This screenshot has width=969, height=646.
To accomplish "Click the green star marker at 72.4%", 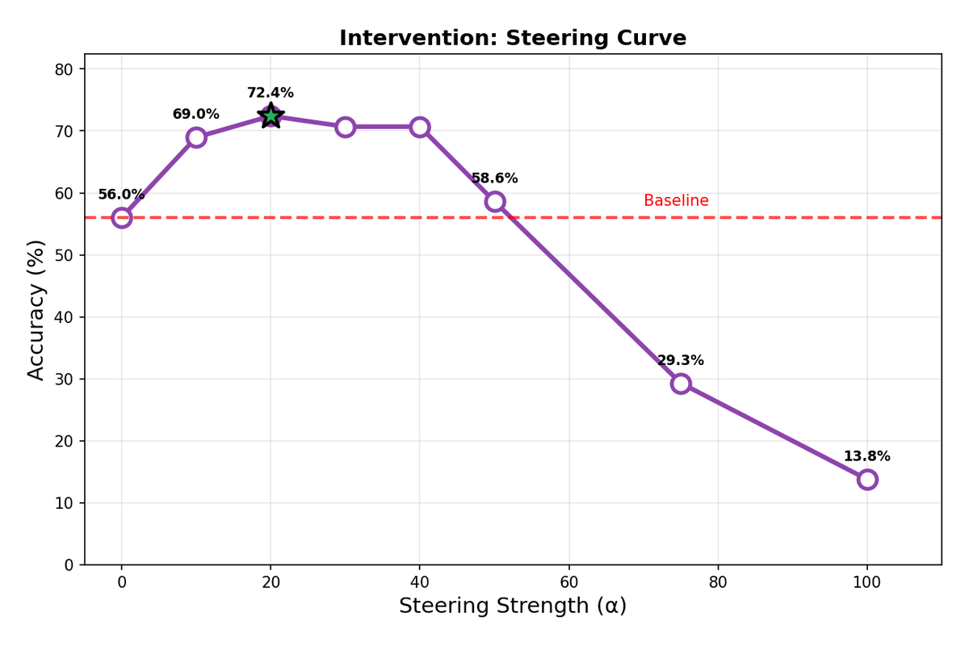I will coord(271,116).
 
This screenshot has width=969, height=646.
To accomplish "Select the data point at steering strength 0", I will coord(122,217).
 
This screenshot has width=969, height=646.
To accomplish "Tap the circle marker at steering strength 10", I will coord(196,137).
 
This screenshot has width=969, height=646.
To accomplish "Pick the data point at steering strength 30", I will coord(346,127).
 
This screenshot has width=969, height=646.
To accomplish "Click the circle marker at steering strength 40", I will coord(420,127).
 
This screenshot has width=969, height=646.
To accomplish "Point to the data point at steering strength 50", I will coord(495,201).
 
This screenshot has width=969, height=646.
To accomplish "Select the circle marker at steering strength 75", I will coord(681,383).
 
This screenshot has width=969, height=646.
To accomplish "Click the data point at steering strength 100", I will coord(867,479).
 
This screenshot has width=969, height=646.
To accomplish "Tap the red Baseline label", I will coord(676,201).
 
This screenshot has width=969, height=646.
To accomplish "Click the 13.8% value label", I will coord(866,456).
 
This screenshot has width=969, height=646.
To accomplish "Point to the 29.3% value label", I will coord(680,360).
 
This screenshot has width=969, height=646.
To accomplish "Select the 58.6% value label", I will coord(494,178).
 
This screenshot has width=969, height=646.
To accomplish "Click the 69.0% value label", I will coord(195,115).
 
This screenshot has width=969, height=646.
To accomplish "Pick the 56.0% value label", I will coord(121,195).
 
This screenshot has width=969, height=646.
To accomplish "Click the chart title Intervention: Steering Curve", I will coord(513,38).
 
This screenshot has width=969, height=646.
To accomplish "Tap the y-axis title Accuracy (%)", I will coord(36,309).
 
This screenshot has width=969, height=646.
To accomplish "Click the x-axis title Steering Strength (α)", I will coord(513,606).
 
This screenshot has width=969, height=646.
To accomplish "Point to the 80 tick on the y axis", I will coord(64,69).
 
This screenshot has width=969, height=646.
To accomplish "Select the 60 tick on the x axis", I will coord(568,582).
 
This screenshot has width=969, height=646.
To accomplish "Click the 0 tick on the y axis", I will coord(69,565).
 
